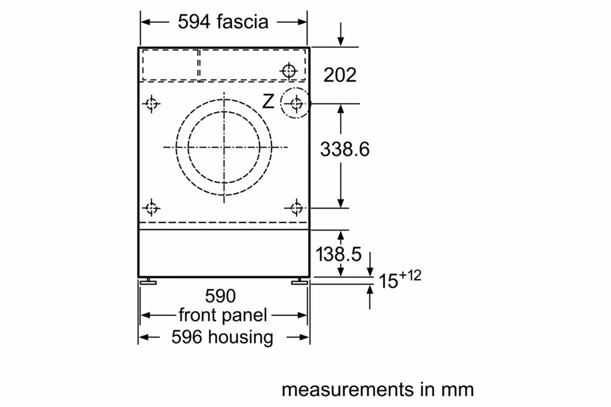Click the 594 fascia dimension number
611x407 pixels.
194,22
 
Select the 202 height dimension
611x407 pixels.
340,75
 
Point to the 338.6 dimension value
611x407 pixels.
345,149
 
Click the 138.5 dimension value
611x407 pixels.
338,254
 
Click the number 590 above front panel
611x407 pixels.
220,296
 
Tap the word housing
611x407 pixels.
241,337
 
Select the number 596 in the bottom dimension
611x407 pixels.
187,337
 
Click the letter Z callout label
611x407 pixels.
268,101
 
